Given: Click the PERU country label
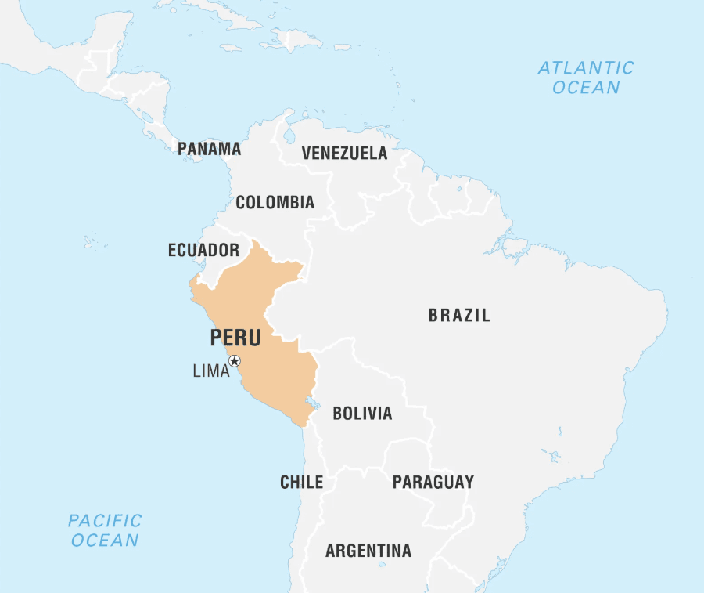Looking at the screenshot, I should point(235,338).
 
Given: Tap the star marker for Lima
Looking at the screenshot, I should point(235,361).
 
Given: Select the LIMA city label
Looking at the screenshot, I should point(211,371).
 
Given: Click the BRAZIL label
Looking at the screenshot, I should point(459,316).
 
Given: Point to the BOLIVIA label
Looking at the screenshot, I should point(362,414).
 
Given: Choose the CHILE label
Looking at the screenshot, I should point(301,483).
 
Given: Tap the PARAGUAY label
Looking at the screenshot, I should point(433,482).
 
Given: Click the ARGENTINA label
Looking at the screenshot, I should point(368,551).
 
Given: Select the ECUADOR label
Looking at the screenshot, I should point(203,251).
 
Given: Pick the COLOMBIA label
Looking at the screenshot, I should point(275,203).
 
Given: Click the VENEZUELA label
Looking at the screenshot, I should point(344,153).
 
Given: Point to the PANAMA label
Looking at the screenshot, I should point(209,149).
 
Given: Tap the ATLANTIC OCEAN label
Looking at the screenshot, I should point(586,78).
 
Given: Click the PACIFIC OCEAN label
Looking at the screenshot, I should point(105,530).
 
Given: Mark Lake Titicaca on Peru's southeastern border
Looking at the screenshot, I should point(314,404).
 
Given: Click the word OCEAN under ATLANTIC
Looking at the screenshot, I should point(586,88).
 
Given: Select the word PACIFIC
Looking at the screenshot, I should point(105,520).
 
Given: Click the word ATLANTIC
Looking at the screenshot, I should point(586,68).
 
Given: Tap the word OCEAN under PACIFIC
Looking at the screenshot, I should point(105,541).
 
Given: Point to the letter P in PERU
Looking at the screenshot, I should point(216,338).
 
